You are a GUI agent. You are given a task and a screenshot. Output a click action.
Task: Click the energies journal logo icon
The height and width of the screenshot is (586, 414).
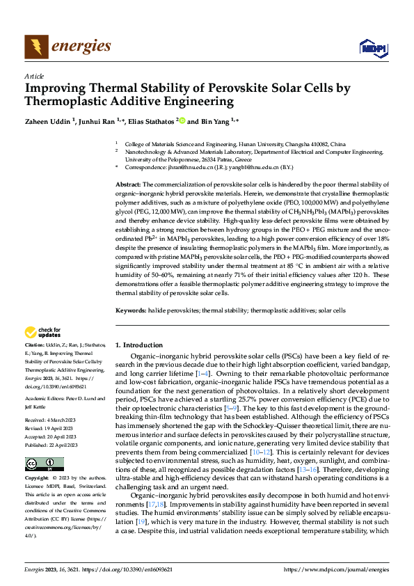coord(36,47)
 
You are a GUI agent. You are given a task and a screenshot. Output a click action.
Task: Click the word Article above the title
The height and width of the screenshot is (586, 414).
coord(34,76)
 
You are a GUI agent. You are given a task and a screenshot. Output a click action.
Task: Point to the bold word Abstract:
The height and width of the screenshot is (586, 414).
coord(128,182)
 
